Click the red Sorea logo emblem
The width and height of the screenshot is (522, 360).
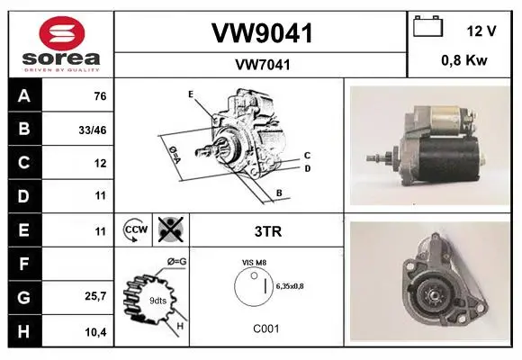coord(62,33)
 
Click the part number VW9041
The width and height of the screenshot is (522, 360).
coord(262,33)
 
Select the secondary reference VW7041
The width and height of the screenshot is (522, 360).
coord(263,65)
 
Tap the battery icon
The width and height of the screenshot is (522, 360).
coord(427,26)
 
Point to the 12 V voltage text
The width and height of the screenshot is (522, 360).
coord(481,31)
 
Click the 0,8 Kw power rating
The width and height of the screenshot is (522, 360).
coord(464,60)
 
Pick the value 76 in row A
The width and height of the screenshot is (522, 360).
coord(100,96)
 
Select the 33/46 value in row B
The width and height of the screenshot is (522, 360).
coord(93,130)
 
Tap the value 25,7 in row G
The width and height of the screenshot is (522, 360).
coord(95,296)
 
